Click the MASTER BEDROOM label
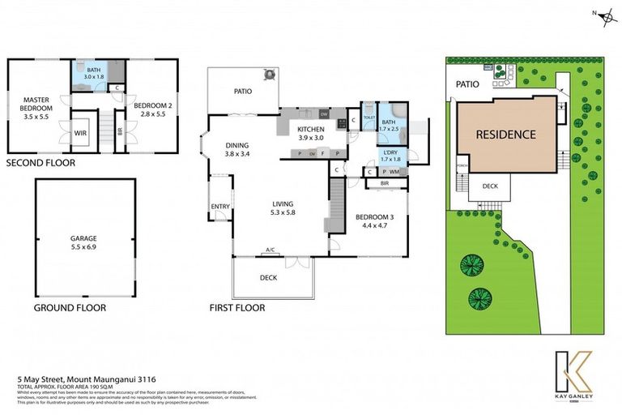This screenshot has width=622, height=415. [x=36, y=105]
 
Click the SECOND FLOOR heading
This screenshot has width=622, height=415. [x=40, y=162]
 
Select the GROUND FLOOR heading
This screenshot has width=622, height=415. [x=70, y=308]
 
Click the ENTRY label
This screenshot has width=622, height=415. [x=220, y=207]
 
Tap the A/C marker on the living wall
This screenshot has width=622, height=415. [x=271, y=250]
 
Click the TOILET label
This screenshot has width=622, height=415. [x=369, y=118]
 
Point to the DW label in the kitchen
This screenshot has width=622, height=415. [x=322, y=113]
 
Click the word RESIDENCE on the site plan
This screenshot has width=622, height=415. [x=505, y=135]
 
